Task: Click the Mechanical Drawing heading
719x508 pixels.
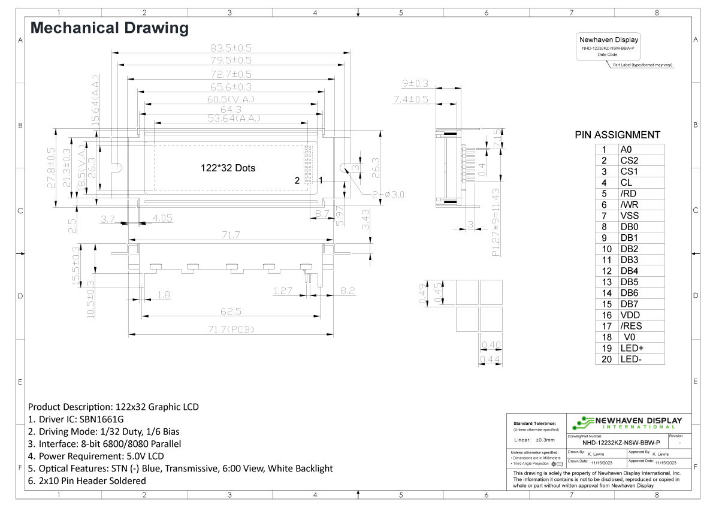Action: (x=109, y=28)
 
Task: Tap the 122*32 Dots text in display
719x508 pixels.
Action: (x=228, y=168)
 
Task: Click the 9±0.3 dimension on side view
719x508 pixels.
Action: (x=415, y=83)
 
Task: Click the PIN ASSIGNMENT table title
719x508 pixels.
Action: (x=617, y=135)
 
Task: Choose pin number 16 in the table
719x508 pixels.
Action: (x=606, y=315)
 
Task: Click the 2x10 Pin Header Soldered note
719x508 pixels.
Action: (x=86, y=480)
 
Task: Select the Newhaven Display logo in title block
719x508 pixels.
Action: (x=627, y=423)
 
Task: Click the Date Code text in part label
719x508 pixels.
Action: (x=608, y=55)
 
